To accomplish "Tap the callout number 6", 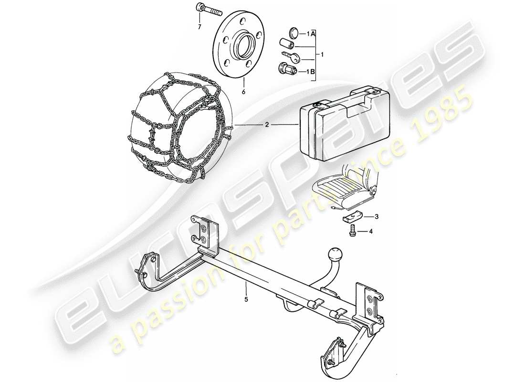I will tap(243, 92).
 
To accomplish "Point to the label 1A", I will tap(311, 33).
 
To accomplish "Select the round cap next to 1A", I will tap(294, 33).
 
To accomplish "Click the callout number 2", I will tap(267, 125).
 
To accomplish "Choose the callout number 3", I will tap(377, 217).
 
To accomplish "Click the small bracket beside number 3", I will tap(352, 217).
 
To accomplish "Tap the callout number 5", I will tap(247, 300).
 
